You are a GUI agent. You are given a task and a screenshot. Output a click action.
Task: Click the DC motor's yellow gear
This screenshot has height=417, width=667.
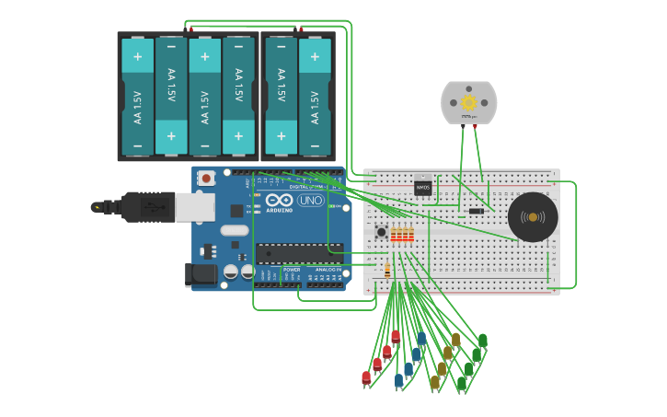468,102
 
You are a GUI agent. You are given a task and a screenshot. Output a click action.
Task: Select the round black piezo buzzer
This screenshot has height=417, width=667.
533,217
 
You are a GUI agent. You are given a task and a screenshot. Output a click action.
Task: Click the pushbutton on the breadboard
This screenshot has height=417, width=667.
382,231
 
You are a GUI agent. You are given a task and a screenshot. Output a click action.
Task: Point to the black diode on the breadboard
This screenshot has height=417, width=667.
476,212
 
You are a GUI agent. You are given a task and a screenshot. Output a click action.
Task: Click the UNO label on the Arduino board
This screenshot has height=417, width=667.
310,201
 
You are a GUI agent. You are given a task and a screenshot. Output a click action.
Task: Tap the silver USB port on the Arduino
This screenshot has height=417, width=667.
195,207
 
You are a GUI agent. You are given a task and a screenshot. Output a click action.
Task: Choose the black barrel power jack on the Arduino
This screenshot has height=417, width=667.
201,272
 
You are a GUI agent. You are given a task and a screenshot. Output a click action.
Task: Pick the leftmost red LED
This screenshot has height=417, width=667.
366,377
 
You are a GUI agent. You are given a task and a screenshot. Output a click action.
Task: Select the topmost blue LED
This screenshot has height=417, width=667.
421,339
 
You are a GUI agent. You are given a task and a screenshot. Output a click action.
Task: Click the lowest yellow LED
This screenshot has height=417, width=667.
434,382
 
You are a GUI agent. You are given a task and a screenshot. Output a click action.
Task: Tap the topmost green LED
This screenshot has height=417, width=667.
482,342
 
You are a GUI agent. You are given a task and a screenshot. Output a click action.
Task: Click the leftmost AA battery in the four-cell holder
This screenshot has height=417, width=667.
138,96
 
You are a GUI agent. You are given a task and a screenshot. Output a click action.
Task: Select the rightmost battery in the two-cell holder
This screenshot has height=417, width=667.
315,96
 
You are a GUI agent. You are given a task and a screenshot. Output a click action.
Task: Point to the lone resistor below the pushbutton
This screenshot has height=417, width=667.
387,271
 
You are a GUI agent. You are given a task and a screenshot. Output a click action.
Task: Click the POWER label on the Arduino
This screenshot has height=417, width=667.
291,270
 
